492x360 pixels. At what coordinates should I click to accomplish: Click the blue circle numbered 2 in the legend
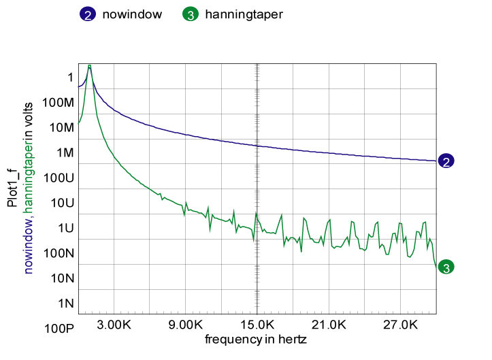[x=89, y=14]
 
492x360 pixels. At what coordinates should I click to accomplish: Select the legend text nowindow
[x=132, y=14]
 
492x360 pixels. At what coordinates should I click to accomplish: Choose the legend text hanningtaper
[x=244, y=14]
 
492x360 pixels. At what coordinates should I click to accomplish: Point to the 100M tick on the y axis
[x=59, y=102]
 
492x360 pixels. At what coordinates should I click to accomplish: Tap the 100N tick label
[x=59, y=253]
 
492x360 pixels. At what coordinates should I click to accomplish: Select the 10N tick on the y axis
[x=62, y=278]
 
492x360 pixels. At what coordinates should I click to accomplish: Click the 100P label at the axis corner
[x=60, y=329]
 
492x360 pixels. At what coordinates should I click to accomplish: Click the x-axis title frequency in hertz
[x=256, y=338]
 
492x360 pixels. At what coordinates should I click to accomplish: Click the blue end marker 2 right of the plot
[x=446, y=161]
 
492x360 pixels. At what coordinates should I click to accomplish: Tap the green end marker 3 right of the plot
[x=446, y=267]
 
